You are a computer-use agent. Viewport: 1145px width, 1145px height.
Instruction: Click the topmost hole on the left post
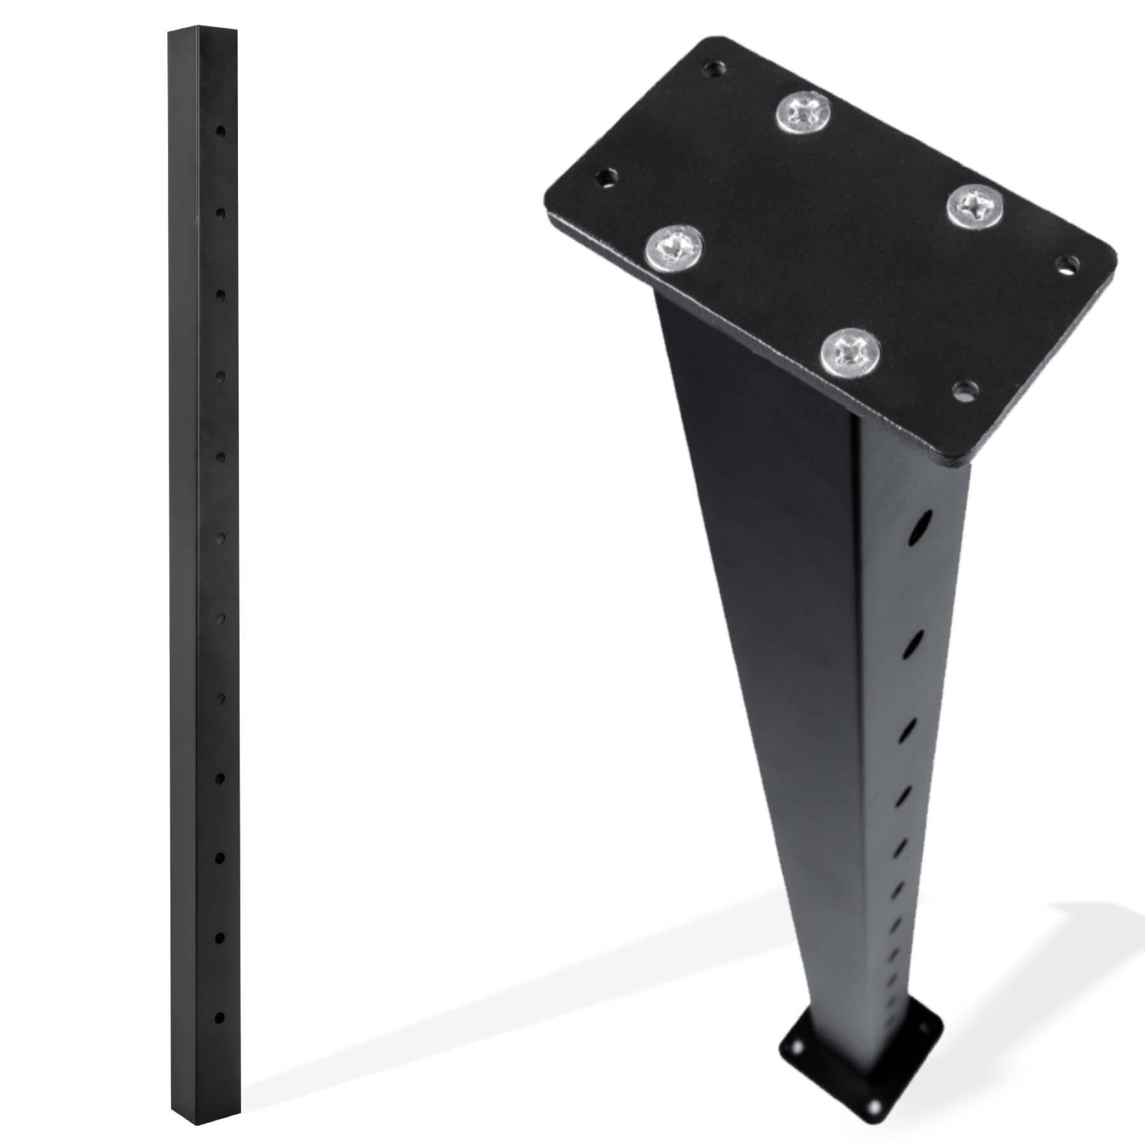pyautogui.click(x=220, y=132)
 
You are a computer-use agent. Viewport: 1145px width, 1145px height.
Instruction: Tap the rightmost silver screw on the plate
pyautogui.click(x=975, y=206)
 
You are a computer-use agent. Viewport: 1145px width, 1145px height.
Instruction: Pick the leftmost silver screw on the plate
pyautogui.click(x=674, y=248)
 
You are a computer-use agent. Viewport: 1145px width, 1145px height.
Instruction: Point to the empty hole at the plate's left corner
pyautogui.click(x=607, y=177)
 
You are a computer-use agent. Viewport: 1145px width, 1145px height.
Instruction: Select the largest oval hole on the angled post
pyautogui.click(x=919, y=527)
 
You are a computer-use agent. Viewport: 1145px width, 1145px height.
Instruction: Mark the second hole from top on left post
pyautogui.click(x=220, y=214)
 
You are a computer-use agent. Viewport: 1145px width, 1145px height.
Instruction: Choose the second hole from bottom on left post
pyautogui.click(x=220, y=938)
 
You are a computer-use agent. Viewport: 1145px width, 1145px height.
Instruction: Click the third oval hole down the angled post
pyautogui.click(x=906, y=730)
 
